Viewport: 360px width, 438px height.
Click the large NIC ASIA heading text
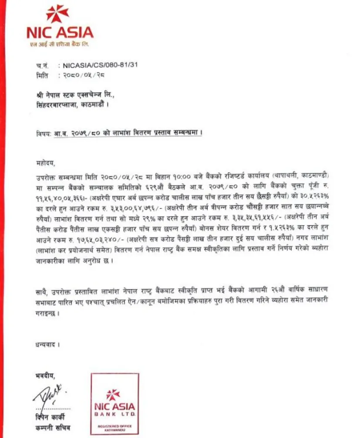pos(60,32)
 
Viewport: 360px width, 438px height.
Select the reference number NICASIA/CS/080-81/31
pos(100,65)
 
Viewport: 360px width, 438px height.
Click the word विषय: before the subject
pos(44,134)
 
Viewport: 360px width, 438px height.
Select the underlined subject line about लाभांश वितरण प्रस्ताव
pos(128,134)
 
